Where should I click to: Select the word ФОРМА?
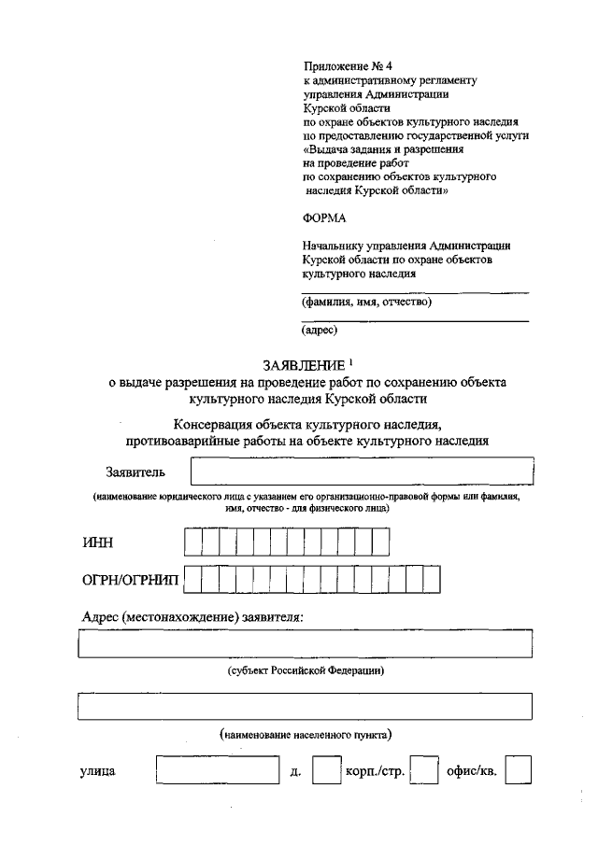coord(324,218)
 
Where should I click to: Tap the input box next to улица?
coord(218,771)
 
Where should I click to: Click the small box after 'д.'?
coord(325,771)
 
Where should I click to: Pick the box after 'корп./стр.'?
coord(425,771)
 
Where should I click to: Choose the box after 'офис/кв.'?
coord(518,771)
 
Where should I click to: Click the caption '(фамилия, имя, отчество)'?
coord(366,302)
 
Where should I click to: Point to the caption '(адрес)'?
coord(320,330)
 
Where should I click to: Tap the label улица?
coord(97,772)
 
